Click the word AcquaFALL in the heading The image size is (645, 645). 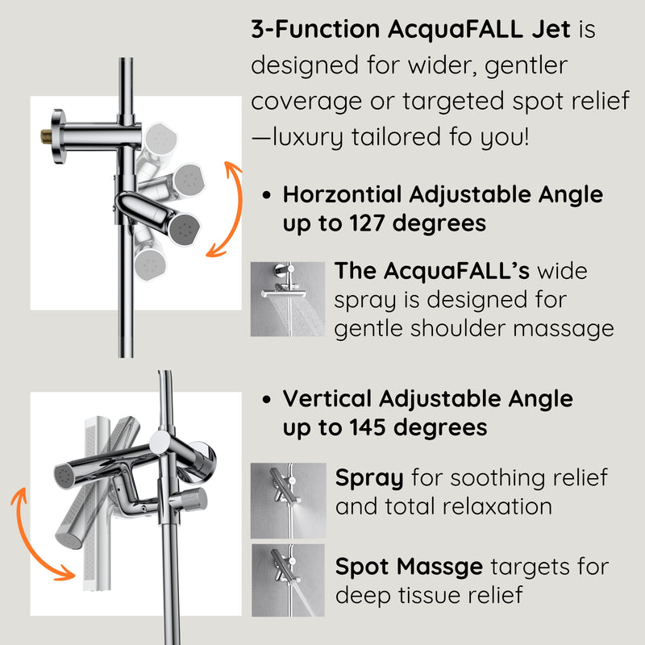click(x=455, y=31)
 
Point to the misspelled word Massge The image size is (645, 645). click(x=444, y=566)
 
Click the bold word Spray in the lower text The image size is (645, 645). click(x=368, y=477)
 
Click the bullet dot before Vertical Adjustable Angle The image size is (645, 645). click(x=267, y=399)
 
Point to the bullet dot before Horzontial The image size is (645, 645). click(x=267, y=195)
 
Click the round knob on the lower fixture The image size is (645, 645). click(x=196, y=498)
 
